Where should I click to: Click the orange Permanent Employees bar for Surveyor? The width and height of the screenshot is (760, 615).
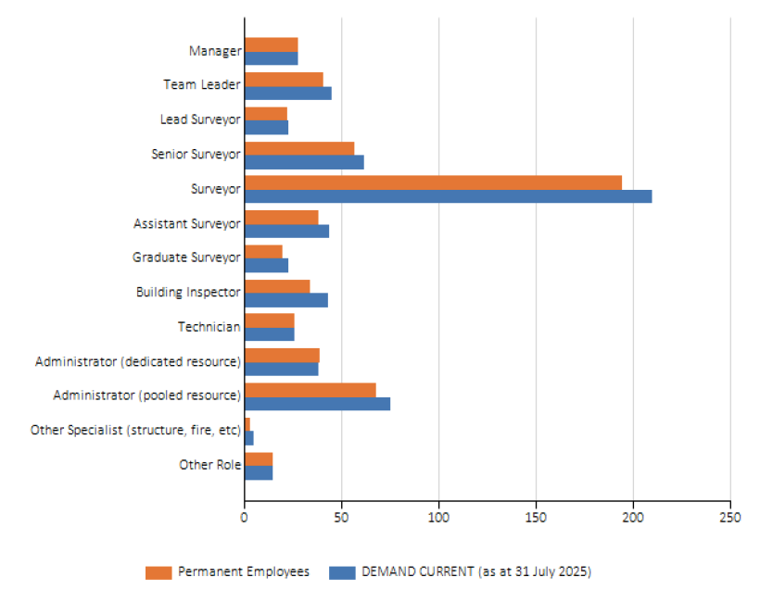click(x=433, y=182)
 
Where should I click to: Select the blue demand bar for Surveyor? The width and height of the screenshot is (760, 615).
click(x=448, y=196)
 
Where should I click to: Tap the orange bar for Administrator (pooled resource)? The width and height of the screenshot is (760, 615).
click(x=310, y=390)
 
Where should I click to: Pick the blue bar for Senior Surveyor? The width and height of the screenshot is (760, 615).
click(x=304, y=162)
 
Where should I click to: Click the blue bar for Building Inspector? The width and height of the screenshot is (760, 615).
click(x=286, y=300)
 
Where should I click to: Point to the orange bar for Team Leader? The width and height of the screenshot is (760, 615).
click(x=284, y=79)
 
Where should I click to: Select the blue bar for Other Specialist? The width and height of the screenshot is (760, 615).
click(x=249, y=438)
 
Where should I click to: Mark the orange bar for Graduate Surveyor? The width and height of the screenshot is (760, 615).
click(x=263, y=252)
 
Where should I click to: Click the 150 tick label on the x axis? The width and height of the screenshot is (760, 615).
click(x=536, y=518)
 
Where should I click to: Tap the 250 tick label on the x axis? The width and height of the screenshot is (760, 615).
click(x=729, y=518)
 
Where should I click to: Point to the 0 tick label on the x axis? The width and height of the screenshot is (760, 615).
click(x=245, y=518)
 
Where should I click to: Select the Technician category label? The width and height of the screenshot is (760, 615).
click(x=209, y=327)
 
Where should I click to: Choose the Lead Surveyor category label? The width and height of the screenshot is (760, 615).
click(x=200, y=119)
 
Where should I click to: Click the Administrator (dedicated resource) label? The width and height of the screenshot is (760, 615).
click(x=138, y=360)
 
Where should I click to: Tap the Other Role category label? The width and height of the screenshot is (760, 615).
click(x=210, y=465)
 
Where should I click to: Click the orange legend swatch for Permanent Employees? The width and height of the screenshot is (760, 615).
click(x=158, y=572)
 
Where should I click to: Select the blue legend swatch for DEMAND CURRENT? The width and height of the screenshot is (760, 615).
click(x=342, y=572)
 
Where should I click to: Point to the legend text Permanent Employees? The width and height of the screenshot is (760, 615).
click(x=244, y=572)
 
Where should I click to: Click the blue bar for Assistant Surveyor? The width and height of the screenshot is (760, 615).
click(x=286, y=232)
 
